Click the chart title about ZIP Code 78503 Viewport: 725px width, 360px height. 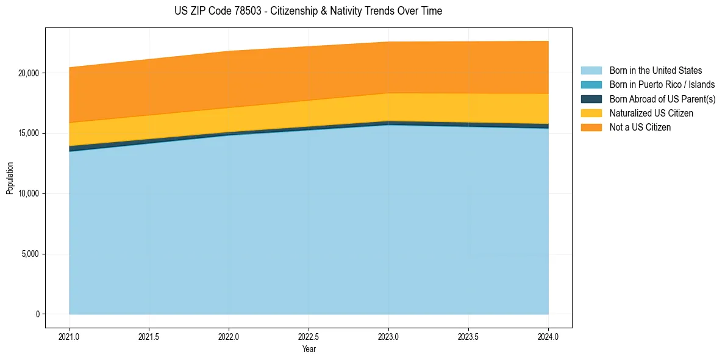(309, 11)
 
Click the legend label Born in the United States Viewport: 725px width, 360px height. (655, 71)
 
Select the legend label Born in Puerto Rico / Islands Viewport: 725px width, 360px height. (662, 85)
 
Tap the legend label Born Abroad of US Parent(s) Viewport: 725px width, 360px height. (662, 99)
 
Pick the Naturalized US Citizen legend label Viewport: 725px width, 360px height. (651, 113)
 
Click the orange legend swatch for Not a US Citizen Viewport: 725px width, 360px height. (591, 128)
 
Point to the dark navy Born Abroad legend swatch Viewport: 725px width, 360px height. (591, 99)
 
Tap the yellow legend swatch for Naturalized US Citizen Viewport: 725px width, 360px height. (591, 113)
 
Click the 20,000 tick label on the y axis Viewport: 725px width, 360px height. (28, 73)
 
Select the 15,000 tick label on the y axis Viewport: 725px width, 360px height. (28, 134)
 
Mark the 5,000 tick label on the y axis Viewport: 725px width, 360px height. (30, 254)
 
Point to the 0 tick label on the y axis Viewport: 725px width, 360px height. (37, 314)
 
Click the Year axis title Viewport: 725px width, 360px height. (309, 350)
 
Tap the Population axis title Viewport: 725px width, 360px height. (10, 178)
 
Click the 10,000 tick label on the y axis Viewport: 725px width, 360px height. (28, 194)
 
